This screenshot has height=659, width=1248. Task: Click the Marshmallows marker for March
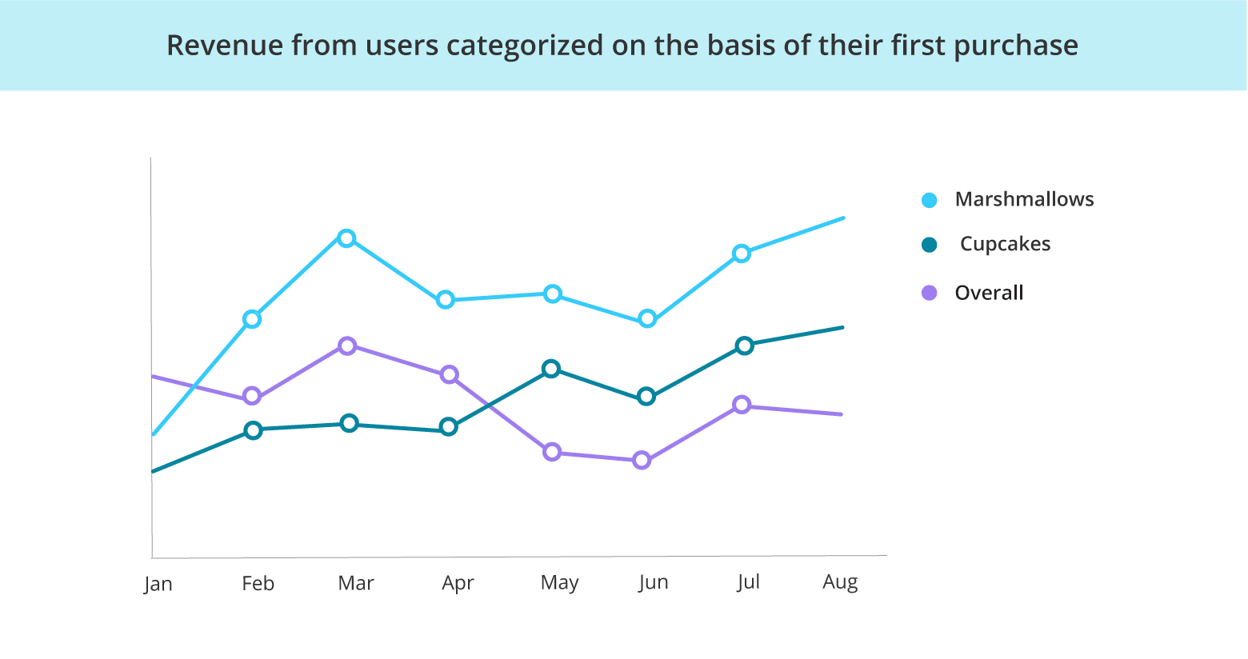(346, 238)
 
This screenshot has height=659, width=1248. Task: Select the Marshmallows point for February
(252, 319)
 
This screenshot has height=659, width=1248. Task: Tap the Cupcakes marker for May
(550, 369)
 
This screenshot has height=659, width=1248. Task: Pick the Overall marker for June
(642, 460)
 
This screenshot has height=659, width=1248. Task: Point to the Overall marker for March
(347, 345)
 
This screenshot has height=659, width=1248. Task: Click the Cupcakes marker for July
(745, 345)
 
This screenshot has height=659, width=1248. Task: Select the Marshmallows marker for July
(742, 254)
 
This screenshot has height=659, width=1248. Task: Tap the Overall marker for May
(552, 452)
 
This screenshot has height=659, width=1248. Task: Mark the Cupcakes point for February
(253, 430)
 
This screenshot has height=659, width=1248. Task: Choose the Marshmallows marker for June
(648, 319)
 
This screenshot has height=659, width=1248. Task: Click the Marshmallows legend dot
(929, 200)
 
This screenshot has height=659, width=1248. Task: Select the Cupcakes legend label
(1005, 244)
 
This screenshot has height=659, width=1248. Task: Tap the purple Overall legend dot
(929, 293)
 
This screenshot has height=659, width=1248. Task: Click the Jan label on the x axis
(158, 584)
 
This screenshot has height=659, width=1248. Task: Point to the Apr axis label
(458, 583)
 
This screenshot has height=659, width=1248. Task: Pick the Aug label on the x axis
(840, 582)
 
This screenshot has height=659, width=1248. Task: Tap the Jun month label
(654, 582)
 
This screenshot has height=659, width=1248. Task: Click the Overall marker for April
(450, 374)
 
